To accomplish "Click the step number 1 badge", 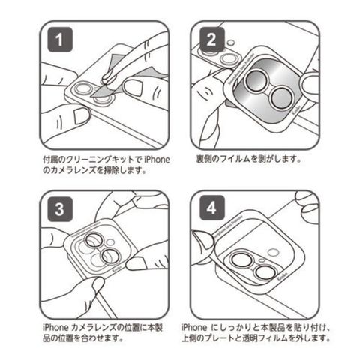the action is [x=60, y=40].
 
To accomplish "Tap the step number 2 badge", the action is [x=212, y=40].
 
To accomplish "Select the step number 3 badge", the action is [x=60, y=209].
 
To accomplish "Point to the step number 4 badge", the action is [x=212, y=208].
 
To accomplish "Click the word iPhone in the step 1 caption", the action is [x=157, y=160].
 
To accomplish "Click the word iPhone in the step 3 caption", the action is [x=55, y=327].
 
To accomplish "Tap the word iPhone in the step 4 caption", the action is [x=194, y=327].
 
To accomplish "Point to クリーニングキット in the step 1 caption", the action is [x=100, y=160].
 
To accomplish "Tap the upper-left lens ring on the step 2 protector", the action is [x=256, y=80].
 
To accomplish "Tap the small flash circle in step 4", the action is [x=273, y=252].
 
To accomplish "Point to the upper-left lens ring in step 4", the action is [x=241, y=260].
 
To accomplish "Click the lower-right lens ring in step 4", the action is [x=265, y=272].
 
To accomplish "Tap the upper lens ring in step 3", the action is [x=94, y=239].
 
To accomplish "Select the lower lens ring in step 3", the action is [x=110, y=256].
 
